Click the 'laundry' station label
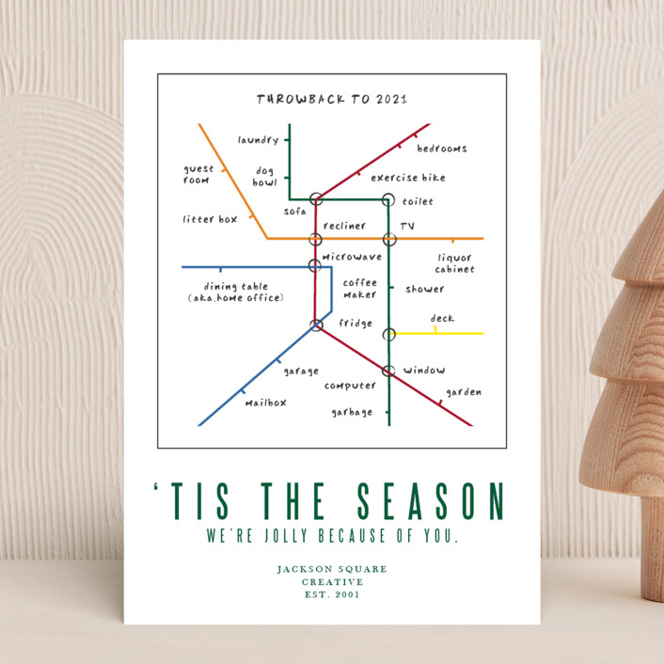pos(258,140)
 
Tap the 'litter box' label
pos(210,219)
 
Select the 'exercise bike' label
pos(407,178)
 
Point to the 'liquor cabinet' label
pos(454,263)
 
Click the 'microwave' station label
pos(352,256)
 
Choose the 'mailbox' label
pos(266,403)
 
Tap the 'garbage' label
pos(352,412)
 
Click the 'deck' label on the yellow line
pos(442,319)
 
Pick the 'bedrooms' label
pos(441,149)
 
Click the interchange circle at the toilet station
pos(387,199)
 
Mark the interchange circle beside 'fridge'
pos(317,325)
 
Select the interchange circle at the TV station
pos(389,239)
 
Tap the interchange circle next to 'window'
pos(387,371)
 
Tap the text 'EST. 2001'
pos(331,594)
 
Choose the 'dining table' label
pos(235,287)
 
